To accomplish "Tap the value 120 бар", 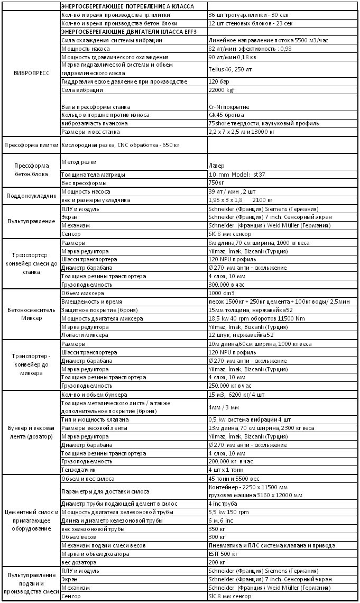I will click(219, 82).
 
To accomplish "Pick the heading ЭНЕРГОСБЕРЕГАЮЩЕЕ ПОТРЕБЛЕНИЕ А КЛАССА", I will click(127, 6).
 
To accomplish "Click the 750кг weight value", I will click(217, 182).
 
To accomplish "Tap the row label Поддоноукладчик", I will click(30, 196).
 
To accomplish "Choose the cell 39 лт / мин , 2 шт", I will click(231, 192).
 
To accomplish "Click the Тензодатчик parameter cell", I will click(79, 470).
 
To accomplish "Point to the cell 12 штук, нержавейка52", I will click(240, 335).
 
